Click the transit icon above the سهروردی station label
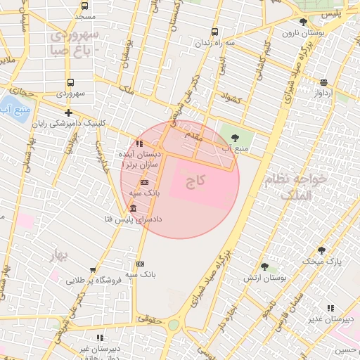(x=70, y=83)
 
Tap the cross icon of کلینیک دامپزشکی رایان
(x=68, y=112)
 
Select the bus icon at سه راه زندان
(x=214, y=32)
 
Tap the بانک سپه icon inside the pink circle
(x=145, y=182)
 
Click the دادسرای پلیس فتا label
(x=134, y=219)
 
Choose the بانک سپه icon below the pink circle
(x=140, y=264)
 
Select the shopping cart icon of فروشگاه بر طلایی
(x=93, y=269)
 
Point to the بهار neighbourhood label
(x=58, y=256)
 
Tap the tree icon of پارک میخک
(x=321, y=250)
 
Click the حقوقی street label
(x=148, y=319)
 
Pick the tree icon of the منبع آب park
(x=235, y=137)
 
